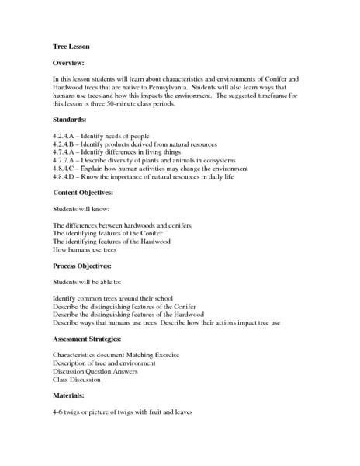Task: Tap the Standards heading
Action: coord(71,120)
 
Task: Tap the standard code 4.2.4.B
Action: coord(64,145)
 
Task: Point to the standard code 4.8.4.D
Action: coord(64,177)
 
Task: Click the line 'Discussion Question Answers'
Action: coord(95,371)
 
